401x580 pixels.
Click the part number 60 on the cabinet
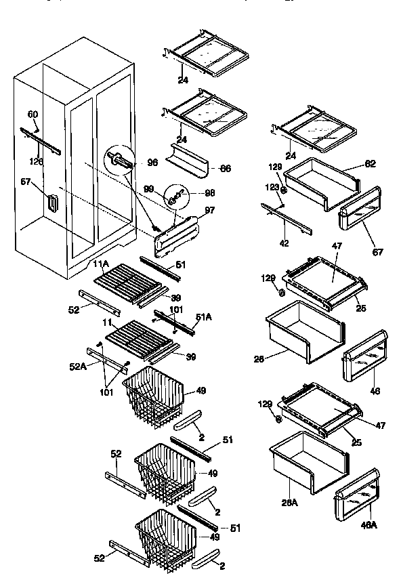point(33,114)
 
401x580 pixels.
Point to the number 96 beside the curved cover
point(152,163)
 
